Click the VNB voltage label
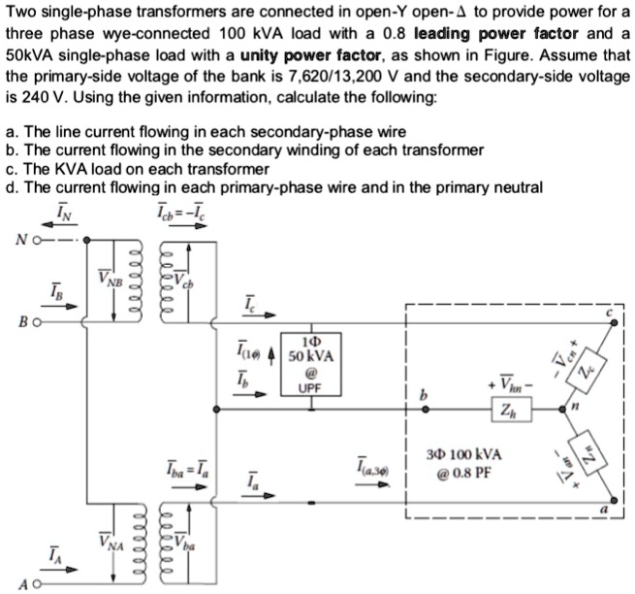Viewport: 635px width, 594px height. [109, 280]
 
